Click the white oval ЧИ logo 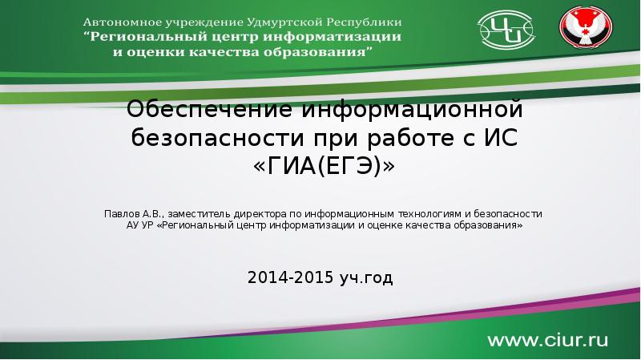click(x=506, y=30)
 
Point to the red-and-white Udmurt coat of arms click(x=586, y=27)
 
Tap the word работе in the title click(x=410, y=138)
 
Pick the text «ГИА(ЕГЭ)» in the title click(x=325, y=166)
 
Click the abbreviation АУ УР click(x=140, y=225)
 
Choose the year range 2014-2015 click(x=291, y=277)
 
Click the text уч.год click(x=366, y=278)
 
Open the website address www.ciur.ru click(x=547, y=341)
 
